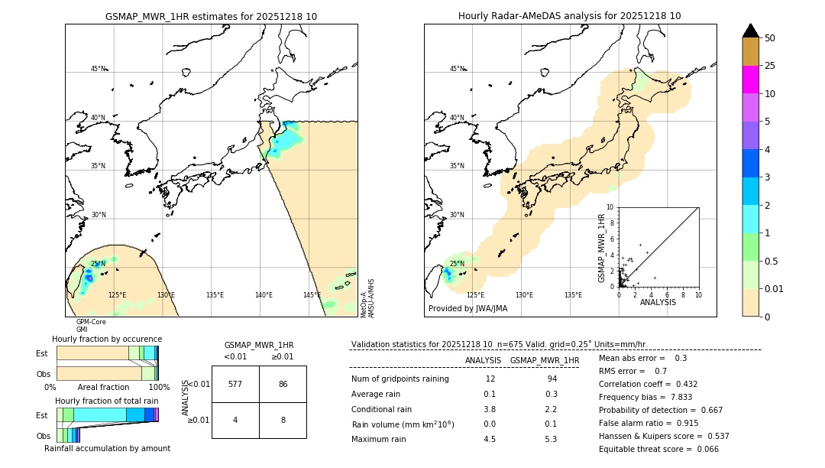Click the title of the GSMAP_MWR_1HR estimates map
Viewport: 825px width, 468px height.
(x=211, y=16)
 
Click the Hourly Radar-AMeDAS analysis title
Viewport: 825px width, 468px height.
(x=569, y=16)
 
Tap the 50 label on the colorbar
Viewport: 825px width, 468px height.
(x=770, y=38)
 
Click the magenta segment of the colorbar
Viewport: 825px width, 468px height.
(x=751, y=80)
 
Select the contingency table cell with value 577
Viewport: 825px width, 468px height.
(x=235, y=384)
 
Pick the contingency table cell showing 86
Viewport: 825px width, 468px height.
(x=283, y=384)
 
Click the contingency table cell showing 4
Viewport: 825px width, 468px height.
(x=235, y=419)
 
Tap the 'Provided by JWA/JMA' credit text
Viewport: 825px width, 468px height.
(x=467, y=309)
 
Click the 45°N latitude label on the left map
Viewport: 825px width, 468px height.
(x=99, y=69)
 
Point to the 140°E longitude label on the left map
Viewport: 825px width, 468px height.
(x=264, y=295)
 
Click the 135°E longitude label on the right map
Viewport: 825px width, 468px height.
(x=573, y=295)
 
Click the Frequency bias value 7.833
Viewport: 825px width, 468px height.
(x=672, y=397)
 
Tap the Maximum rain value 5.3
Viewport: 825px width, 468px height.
(x=551, y=439)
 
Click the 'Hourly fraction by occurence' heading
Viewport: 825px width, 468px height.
(x=107, y=339)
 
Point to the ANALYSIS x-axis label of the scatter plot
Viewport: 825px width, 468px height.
(x=658, y=302)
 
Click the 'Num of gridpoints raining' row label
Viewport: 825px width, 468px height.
(x=400, y=379)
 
